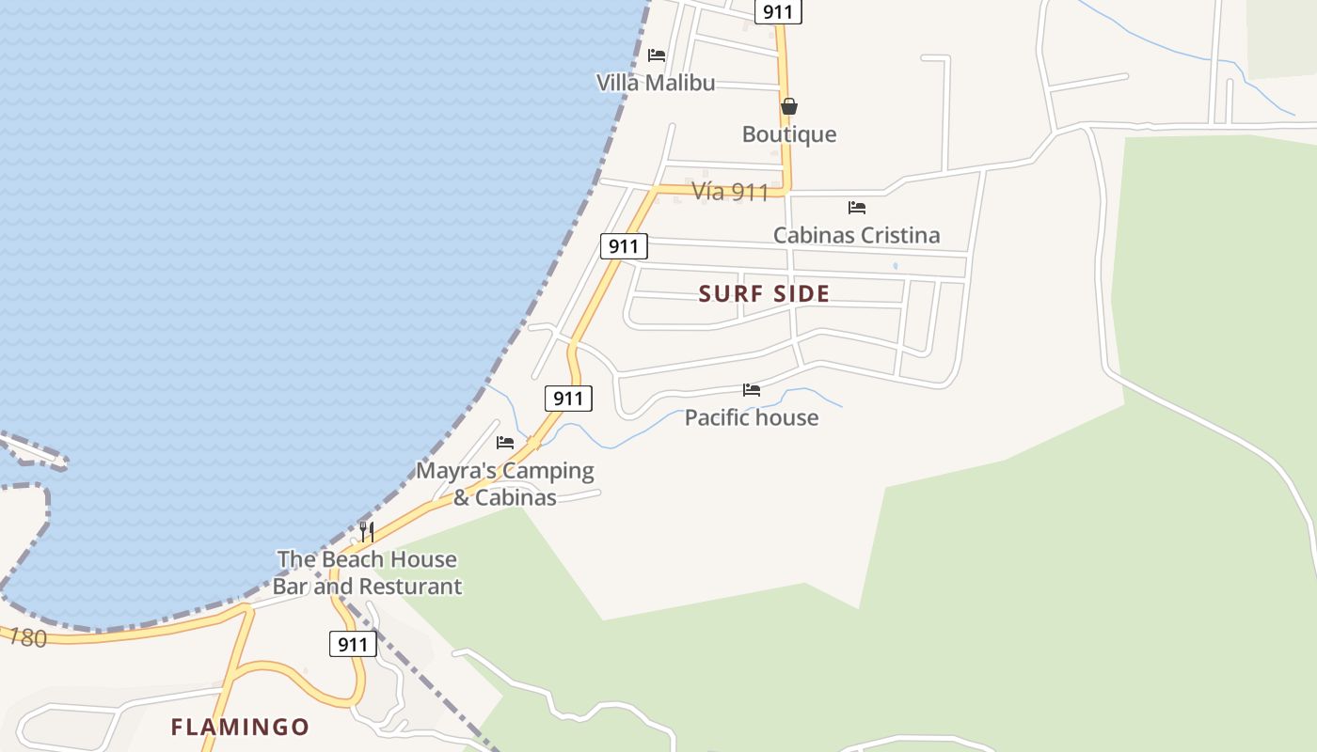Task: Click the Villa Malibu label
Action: click(656, 83)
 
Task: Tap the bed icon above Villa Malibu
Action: click(657, 55)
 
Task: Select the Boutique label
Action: click(788, 134)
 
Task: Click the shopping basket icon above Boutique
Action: click(789, 106)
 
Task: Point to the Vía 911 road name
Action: click(730, 192)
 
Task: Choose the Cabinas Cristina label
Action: click(856, 235)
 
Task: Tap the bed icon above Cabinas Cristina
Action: click(856, 207)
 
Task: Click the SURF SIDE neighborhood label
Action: click(764, 294)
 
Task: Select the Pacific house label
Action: click(751, 417)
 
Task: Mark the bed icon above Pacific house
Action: click(751, 389)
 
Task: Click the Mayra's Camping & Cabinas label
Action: click(505, 483)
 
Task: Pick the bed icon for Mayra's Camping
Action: click(505, 442)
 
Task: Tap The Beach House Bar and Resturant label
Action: click(367, 572)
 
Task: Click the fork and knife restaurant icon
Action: click(367, 532)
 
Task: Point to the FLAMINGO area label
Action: click(240, 727)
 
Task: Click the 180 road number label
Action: click(27, 638)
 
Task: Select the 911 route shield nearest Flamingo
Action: click(353, 644)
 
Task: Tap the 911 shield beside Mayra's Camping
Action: click(568, 399)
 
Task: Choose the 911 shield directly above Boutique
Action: click(778, 12)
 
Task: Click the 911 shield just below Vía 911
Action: click(624, 247)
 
